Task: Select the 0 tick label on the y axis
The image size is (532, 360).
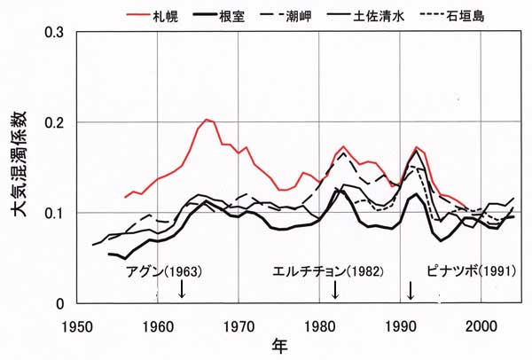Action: (60, 304)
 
